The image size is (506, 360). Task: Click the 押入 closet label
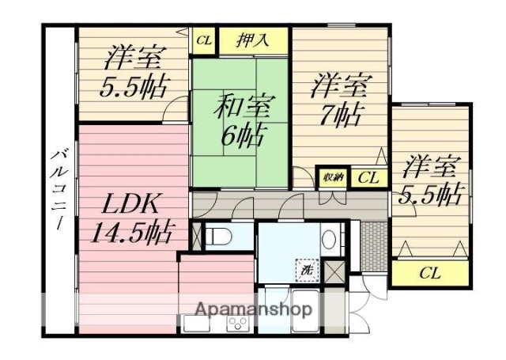pyautogui.click(x=252, y=40)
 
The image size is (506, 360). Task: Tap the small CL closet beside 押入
pyautogui.click(x=204, y=39)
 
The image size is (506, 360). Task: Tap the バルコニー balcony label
pyautogui.click(x=59, y=186)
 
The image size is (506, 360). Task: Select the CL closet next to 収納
pyautogui.click(x=366, y=177)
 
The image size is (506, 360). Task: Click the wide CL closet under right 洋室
pyautogui.click(x=429, y=274)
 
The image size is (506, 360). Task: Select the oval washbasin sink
pyautogui.click(x=332, y=236)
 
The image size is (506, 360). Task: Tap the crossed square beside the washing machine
pyautogui.click(x=335, y=271)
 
